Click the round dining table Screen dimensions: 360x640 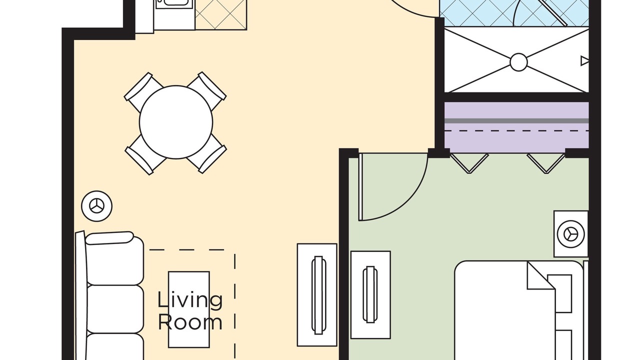[176, 122]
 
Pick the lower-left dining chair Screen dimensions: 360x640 [145, 154]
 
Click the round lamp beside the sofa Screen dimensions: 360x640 [96, 205]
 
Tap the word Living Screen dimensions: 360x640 [190, 300]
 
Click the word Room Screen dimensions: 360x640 [190, 321]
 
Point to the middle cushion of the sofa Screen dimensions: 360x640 [115, 309]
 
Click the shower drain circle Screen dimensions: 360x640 [518, 62]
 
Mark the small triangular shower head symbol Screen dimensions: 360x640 [584, 61]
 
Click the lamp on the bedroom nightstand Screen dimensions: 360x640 [570, 233]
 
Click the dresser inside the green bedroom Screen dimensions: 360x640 [370, 294]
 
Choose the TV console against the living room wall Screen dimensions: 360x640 [317, 294]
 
